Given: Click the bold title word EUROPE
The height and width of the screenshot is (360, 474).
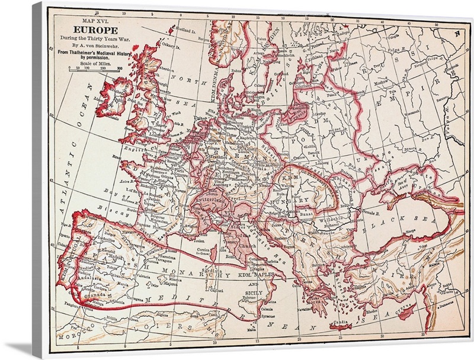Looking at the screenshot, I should point(94,28).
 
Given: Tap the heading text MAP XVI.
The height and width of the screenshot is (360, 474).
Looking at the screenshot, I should point(95,20).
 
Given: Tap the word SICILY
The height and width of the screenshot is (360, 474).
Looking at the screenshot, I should point(253,292).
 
